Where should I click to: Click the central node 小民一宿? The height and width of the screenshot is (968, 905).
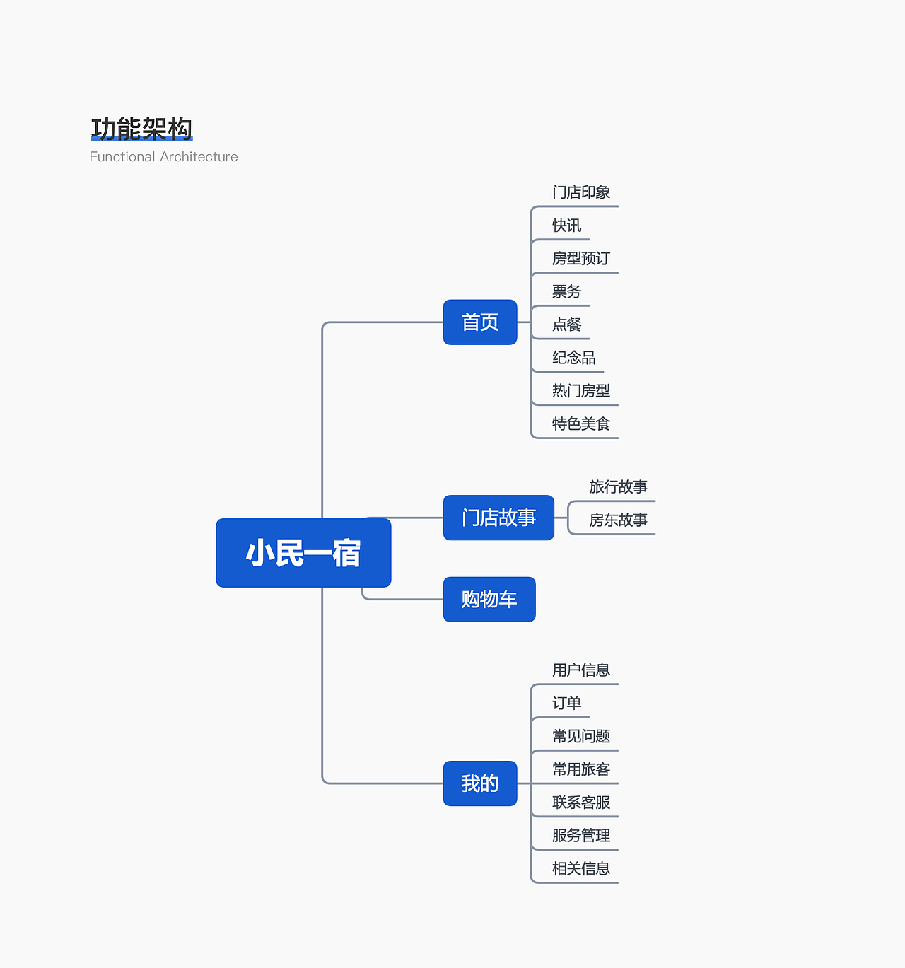[x=303, y=553]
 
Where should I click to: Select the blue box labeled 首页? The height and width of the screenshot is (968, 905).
[x=480, y=322]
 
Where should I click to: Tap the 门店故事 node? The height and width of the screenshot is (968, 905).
[x=498, y=518]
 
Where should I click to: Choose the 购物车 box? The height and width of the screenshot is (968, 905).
[x=489, y=600]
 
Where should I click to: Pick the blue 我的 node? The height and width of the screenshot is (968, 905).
[x=480, y=783]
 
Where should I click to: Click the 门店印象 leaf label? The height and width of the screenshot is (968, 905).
[x=581, y=192]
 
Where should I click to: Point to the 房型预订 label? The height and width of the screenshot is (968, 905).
[x=581, y=259]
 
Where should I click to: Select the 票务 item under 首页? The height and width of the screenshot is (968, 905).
[x=566, y=291]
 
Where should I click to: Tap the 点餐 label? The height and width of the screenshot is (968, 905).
[x=566, y=325]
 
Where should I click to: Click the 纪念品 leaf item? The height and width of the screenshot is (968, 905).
[x=573, y=358]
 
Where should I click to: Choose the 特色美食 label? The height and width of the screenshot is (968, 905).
[x=581, y=424]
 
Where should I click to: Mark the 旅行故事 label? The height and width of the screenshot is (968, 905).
[x=618, y=487]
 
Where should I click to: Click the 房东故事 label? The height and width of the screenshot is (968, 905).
[x=618, y=520]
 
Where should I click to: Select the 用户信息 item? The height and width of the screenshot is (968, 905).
[x=581, y=670]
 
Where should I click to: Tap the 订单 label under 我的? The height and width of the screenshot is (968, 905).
[x=566, y=704]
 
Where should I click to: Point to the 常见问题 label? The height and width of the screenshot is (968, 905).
[x=581, y=737]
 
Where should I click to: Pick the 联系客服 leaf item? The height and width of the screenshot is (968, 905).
[x=581, y=803]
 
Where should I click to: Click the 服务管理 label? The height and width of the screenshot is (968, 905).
[x=581, y=836]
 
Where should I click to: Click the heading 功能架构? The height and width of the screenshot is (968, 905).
[x=141, y=129]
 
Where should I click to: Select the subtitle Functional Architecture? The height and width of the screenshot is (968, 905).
[x=163, y=157]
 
